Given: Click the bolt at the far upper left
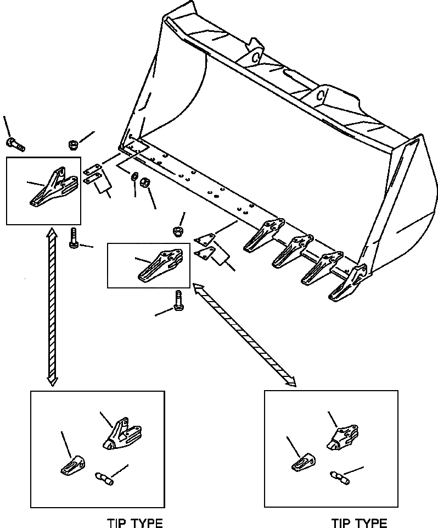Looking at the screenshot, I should pyautogui.click(x=15, y=144).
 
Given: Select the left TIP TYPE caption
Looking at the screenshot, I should pyautogui.click(x=134, y=522).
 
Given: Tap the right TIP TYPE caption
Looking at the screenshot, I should pyautogui.click(x=359, y=523).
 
